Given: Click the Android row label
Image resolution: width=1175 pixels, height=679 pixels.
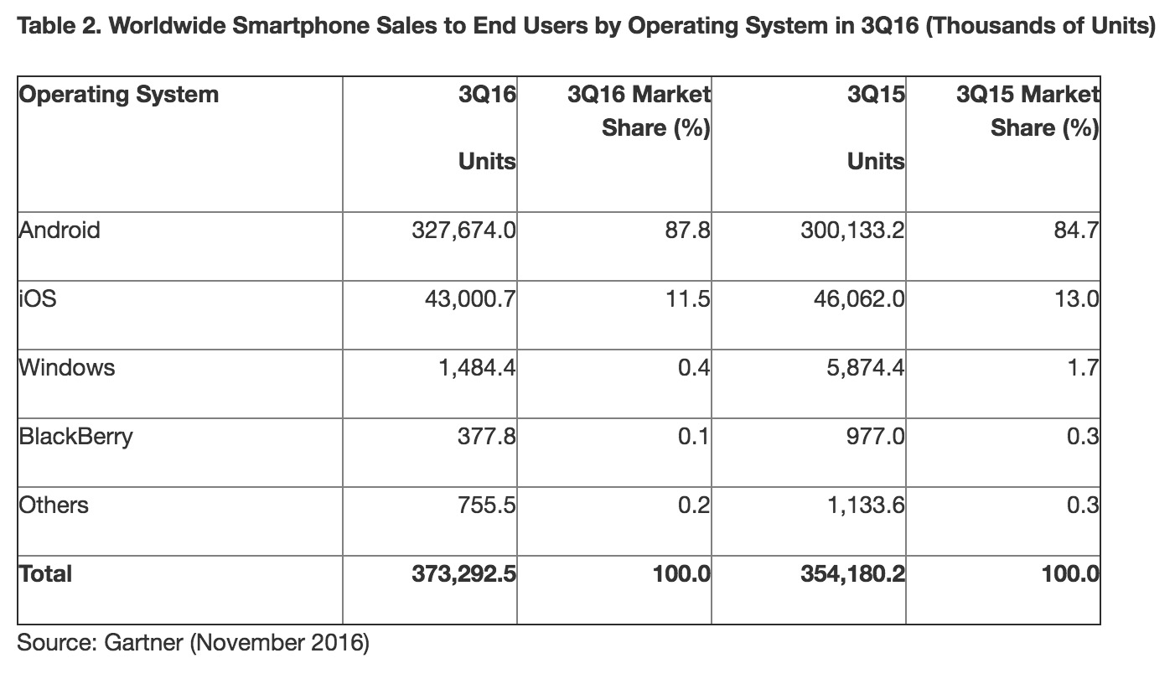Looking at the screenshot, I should pos(59,230).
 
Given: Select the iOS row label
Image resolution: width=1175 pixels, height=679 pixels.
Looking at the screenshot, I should pos(37,298).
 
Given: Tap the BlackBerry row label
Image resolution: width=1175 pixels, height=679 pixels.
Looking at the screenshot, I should pos(75,437).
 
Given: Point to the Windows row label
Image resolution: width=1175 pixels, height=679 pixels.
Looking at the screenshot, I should pos(66,367).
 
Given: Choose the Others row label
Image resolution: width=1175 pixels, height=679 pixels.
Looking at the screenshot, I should pos(53,505).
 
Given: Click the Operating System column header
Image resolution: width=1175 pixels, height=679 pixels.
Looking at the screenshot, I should pos(118,94).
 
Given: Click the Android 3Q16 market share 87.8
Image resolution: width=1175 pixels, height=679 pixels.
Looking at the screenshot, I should pos(693,230).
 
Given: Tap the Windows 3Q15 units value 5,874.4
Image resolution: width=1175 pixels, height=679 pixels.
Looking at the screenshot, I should pos(856,367).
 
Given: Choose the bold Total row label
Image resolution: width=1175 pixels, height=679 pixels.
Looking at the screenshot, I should pos(45,574).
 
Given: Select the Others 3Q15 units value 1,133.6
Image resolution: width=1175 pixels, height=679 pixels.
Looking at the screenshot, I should pos(862,505).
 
